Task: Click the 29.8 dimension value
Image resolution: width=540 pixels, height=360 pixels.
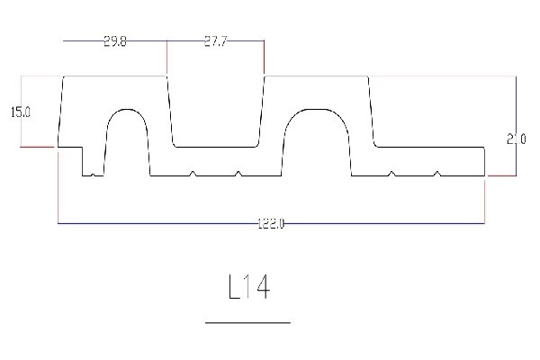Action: (114, 41)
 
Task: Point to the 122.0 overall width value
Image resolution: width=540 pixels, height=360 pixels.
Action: (270, 223)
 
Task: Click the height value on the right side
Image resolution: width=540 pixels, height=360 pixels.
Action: (515, 139)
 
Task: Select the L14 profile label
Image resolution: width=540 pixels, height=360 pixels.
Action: (248, 287)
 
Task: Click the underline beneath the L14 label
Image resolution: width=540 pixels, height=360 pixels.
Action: (248, 321)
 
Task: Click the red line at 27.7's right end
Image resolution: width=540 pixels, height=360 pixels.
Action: (264, 58)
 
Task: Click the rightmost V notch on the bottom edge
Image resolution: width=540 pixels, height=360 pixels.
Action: (436, 173)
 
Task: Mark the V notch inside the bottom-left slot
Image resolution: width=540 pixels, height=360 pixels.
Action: (94, 174)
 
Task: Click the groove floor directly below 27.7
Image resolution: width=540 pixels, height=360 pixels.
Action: (215, 145)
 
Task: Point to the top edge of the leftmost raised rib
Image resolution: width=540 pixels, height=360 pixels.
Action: (114, 76)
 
